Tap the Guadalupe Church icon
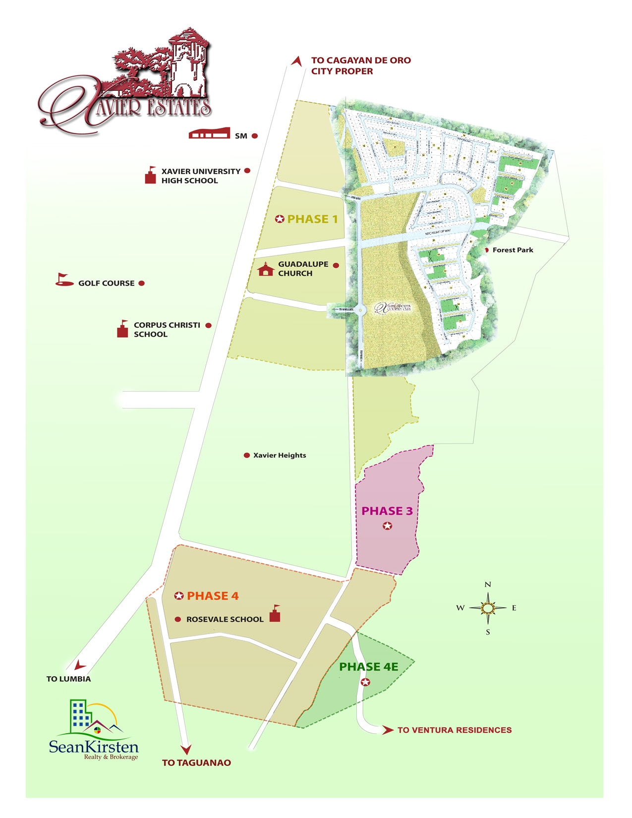(266, 269)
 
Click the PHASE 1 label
(312, 219)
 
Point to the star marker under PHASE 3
(388, 526)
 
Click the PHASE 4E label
(369, 667)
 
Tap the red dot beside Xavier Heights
(247, 455)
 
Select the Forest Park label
(513, 250)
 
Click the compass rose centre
(488, 608)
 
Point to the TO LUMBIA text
(68, 679)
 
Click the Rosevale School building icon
(275, 614)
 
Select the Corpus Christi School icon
(123, 329)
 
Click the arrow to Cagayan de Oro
(297, 61)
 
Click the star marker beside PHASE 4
(179, 596)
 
